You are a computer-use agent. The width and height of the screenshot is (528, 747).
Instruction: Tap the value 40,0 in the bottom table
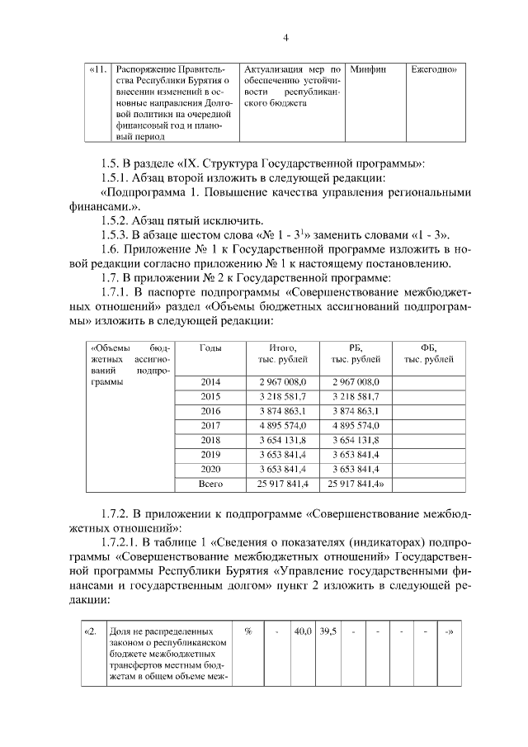[303, 631]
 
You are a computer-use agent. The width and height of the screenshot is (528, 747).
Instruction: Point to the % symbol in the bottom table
[247, 631]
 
